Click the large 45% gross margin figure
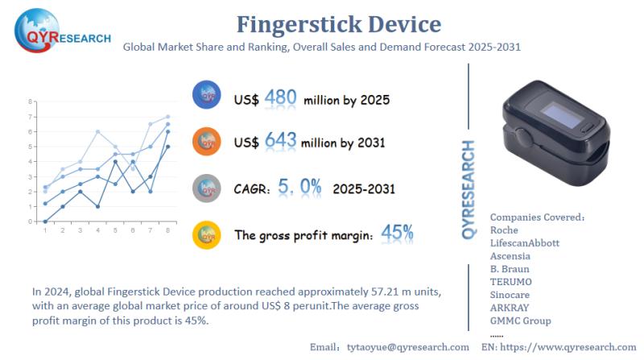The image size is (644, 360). pyautogui.click(x=397, y=234)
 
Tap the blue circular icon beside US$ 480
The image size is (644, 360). pyautogui.click(x=207, y=96)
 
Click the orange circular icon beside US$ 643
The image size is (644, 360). pyautogui.click(x=207, y=142)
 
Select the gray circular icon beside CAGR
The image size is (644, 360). pyautogui.click(x=207, y=188)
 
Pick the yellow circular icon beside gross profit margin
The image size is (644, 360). pyautogui.click(x=207, y=235)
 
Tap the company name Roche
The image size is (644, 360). pyautogui.click(x=504, y=230)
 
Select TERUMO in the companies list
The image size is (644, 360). pyautogui.click(x=510, y=282)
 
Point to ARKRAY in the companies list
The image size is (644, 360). pyautogui.click(x=511, y=308)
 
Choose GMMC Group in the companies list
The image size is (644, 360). pyautogui.click(x=520, y=321)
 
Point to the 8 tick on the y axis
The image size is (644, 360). pyautogui.click(x=30, y=101)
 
